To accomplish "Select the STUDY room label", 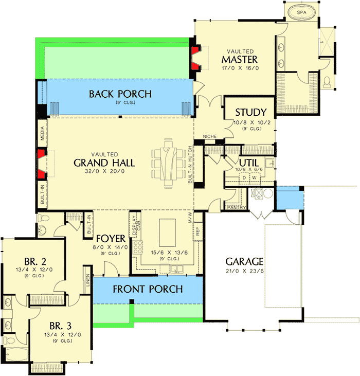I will [x=250, y=113].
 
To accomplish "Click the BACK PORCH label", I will [x=120, y=94].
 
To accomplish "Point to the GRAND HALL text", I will [x=104, y=163].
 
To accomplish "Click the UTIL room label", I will [x=248, y=162].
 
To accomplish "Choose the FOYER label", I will [x=110, y=239].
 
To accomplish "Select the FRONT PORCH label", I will [x=148, y=289].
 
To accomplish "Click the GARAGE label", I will [x=243, y=261].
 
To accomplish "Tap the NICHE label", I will [x=209, y=136].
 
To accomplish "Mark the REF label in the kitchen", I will [x=197, y=231].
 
